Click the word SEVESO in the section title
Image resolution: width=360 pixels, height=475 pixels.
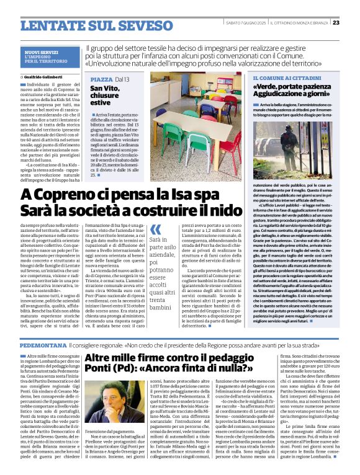[124, 25]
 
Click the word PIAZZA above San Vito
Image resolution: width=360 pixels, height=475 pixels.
[101, 80]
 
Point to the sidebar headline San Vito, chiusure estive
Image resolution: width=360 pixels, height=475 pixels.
[107, 99]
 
